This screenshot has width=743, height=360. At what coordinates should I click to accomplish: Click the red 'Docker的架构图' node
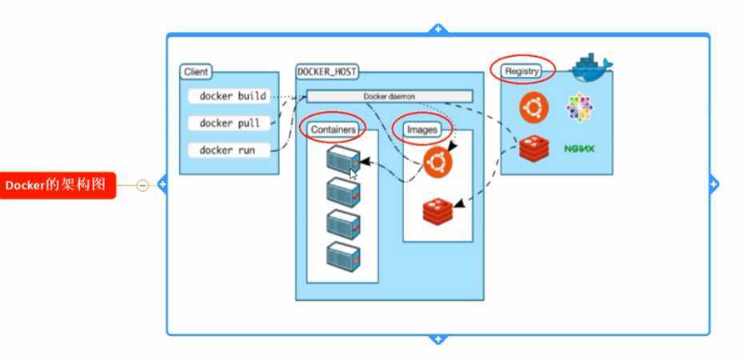tap(58, 186)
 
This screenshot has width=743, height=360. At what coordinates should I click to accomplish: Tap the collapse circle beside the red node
tap(142, 186)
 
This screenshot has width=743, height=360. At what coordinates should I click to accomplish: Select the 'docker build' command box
tap(233, 96)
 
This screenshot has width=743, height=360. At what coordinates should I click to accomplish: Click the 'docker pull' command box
tap(230, 123)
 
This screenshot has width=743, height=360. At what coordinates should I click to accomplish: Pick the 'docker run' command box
tap(229, 150)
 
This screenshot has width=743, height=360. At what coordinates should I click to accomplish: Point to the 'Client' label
tap(196, 72)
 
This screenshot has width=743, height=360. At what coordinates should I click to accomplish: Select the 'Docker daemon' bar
tap(389, 96)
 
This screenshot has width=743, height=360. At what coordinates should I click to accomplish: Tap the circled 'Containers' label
tap(333, 128)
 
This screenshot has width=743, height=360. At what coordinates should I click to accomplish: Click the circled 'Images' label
tap(421, 128)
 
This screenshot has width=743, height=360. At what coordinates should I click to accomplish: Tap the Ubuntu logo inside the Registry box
tap(533, 108)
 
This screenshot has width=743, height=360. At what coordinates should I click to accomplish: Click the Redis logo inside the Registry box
tap(533, 148)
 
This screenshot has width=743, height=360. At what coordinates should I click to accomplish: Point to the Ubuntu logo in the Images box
tap(437, 162)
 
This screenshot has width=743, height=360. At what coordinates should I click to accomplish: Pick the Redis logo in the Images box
tap(437, 210)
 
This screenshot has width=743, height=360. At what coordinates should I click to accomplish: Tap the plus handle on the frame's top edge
tap(437, 29)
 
